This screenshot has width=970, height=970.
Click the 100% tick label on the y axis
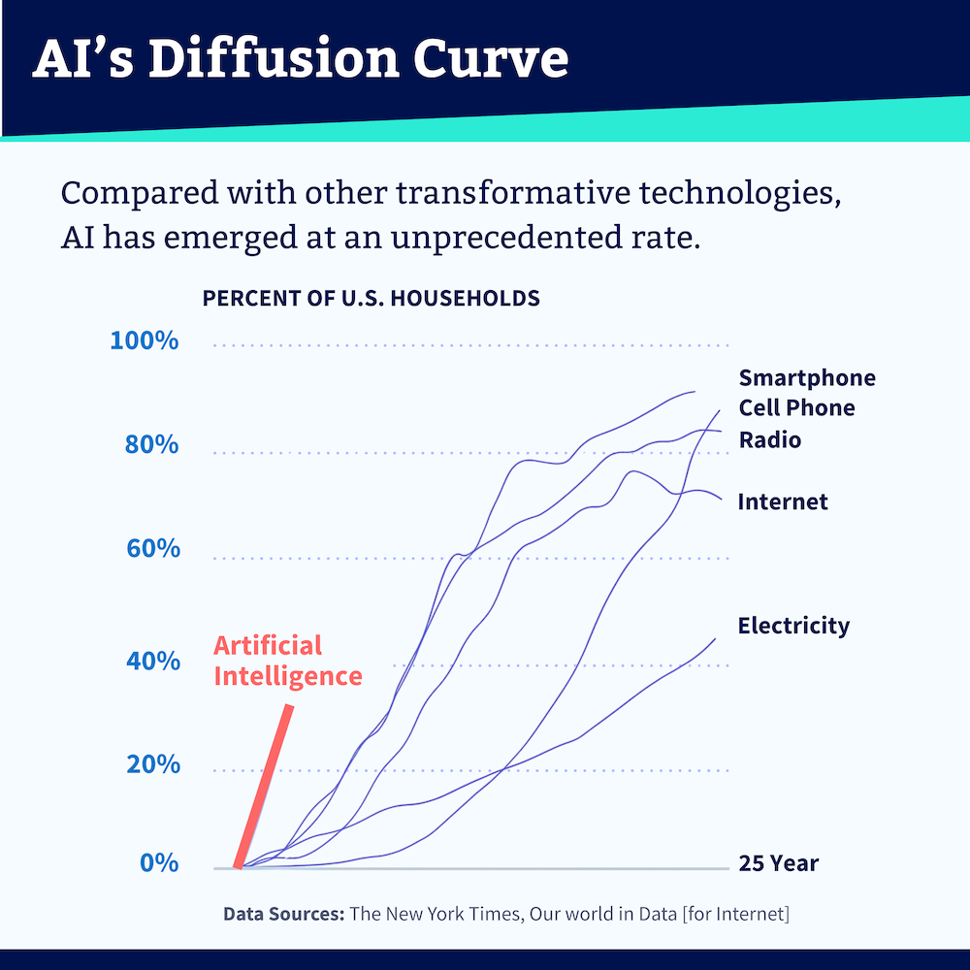point(145,341)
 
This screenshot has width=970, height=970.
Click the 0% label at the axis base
point(159,863)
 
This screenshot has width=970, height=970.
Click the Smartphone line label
point(806,378)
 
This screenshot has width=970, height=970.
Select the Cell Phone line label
point(796,408)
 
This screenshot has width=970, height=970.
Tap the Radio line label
point(770,440)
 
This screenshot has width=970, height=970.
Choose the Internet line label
point(783,502)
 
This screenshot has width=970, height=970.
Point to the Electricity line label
point(793,626)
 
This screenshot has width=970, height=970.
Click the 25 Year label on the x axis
point(778,863)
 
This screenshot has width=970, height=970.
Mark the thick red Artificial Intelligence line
point(264,786)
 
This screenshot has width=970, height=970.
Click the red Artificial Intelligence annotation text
point(287,661)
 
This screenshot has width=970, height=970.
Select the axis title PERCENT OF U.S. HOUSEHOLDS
point(371,298)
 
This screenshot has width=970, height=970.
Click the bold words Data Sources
point(283,914)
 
